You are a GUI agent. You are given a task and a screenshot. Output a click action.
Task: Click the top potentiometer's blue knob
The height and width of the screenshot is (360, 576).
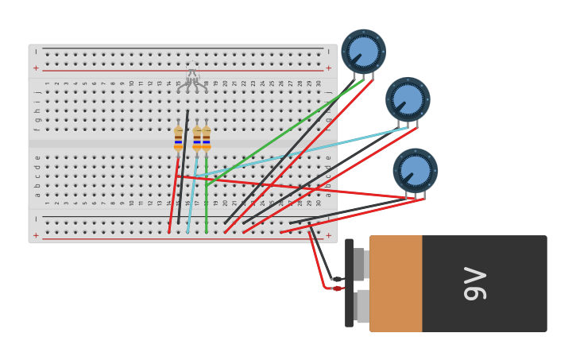(363, 52)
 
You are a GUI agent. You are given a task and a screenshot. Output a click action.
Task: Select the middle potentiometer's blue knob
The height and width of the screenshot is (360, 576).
(408, 99)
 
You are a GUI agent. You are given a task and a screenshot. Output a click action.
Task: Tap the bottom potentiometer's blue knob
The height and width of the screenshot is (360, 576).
(415, 170)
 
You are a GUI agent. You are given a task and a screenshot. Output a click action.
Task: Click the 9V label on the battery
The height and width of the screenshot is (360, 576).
(475, 284)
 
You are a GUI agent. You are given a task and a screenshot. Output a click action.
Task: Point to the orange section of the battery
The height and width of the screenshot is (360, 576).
(395, 284)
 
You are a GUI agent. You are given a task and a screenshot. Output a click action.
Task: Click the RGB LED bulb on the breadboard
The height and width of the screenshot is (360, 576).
(192, 72)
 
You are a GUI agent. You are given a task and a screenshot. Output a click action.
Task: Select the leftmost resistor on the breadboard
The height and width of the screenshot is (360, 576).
(178, 138)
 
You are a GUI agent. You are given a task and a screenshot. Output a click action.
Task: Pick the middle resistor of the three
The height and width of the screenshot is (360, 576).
(197, 138)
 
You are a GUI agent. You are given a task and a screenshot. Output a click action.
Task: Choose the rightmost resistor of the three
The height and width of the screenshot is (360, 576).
(207, 138)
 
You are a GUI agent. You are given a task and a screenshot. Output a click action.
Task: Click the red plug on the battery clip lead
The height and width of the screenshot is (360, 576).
(337, 288)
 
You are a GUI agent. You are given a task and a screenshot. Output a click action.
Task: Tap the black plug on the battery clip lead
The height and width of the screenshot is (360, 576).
(338, 279)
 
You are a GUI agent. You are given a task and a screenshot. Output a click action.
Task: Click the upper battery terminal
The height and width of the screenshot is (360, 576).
(359, 264)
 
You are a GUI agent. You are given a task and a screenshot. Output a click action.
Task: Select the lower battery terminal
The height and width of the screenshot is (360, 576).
(361, 306)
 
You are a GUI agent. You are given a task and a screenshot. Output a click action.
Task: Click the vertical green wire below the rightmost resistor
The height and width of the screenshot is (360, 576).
(207, 211)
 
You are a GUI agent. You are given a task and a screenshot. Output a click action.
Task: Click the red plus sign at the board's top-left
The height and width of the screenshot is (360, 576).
(36, 68)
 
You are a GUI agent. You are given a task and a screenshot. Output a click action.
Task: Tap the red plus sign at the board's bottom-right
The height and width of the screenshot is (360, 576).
(328, 235)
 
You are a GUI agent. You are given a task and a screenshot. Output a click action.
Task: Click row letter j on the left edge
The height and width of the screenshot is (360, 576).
(37, 92)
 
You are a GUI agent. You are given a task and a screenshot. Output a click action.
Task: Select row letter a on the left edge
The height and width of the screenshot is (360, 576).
(37, 195)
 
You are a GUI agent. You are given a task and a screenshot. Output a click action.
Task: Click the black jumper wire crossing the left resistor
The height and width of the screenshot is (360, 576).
(184, 159)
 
